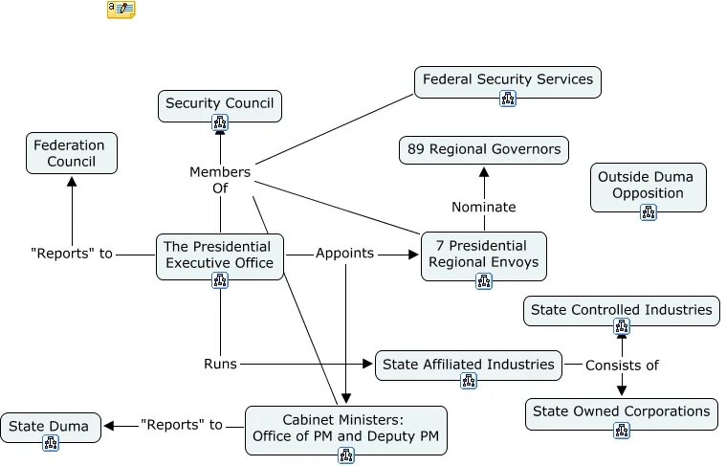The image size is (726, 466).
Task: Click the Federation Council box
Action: tap(72, 153)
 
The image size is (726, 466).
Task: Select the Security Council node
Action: tap(220, 103)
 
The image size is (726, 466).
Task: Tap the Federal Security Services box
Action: tap(508, 79)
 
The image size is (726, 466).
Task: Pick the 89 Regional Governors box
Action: tap(484, 149)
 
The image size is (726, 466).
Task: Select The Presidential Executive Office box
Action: tap(220, 254)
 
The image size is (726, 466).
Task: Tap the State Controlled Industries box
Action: tap(622, 309)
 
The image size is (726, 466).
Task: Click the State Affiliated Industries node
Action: tap(469, 364)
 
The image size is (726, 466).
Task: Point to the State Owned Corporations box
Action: tap(622, 411)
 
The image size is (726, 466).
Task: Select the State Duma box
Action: tap(51, 426)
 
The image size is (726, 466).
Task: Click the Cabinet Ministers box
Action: tap(346, 429)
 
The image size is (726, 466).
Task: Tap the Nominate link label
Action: tap(484, 207)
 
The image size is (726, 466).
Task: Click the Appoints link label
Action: tap(344, 255)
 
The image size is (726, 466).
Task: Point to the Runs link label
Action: tap(220, 364)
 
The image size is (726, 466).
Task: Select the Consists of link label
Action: tap(622, 365)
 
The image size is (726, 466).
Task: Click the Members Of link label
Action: tap(220, 180)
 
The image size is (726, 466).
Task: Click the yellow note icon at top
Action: tap(121, 10)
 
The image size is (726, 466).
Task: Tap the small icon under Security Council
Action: tap(220, 122)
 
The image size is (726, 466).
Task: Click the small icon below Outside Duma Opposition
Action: tap(649, 211)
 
